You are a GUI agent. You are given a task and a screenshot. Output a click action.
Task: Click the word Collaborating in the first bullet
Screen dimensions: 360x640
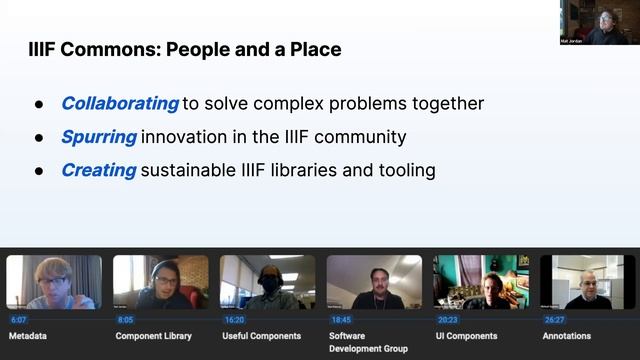tap(120, 103)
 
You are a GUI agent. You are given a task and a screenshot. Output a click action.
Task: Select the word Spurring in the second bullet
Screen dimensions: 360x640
tap(99, 136)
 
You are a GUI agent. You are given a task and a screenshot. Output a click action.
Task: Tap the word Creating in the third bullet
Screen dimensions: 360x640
tap(98, 170)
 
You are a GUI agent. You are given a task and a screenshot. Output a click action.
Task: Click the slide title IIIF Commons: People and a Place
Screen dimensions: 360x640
tap(184, 49)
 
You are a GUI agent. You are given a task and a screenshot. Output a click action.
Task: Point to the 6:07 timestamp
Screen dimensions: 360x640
tap(19, 320)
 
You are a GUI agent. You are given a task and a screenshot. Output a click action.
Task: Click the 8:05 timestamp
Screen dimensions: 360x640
tap(125, 320)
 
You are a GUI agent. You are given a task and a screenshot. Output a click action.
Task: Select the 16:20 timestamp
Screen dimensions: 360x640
tap(234, 320)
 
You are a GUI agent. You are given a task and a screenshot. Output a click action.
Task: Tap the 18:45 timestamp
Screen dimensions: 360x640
tap(341, 320)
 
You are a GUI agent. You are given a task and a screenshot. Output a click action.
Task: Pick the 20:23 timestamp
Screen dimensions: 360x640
tap(447, 320)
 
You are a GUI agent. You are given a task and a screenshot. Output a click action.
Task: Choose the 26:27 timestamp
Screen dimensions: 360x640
tap(554, 320)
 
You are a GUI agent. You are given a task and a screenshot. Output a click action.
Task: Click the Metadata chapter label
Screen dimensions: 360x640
tap(29, 336)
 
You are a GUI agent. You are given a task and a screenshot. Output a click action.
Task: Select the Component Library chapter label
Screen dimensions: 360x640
tap(152, 336)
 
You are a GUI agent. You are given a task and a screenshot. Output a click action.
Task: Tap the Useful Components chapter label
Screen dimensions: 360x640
tap(261, 336)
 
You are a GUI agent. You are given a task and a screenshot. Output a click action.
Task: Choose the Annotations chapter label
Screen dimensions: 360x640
tap(566, 336)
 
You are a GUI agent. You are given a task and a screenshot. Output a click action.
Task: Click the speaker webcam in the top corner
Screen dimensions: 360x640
tap(599, 22)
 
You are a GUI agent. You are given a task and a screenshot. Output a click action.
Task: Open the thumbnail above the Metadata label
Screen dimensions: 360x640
tap(54, 282)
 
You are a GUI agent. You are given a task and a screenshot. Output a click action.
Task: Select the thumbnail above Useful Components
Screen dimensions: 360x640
tap(267, 282)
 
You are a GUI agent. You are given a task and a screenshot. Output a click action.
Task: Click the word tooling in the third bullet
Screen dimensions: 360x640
tap(404, 170)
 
